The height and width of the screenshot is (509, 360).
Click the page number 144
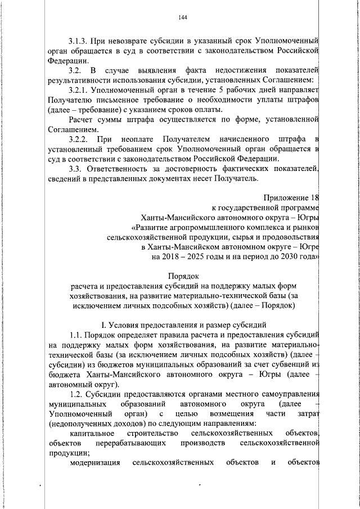pyautogui.click(x=182, y=17)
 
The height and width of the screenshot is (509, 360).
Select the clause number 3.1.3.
pyautogui.click(x=79, y=41)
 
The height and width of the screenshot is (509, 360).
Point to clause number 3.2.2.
pyautogui.click(x=79, y=138)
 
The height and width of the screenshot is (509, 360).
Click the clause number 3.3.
pyautogui.click(x=75, y=168)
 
